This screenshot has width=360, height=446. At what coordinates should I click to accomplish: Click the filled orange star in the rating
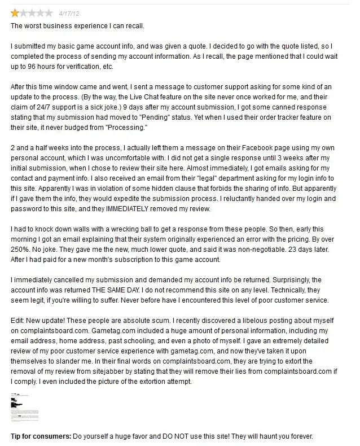click(15, 13)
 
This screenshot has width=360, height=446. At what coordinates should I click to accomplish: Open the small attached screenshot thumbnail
click(25, 406)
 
